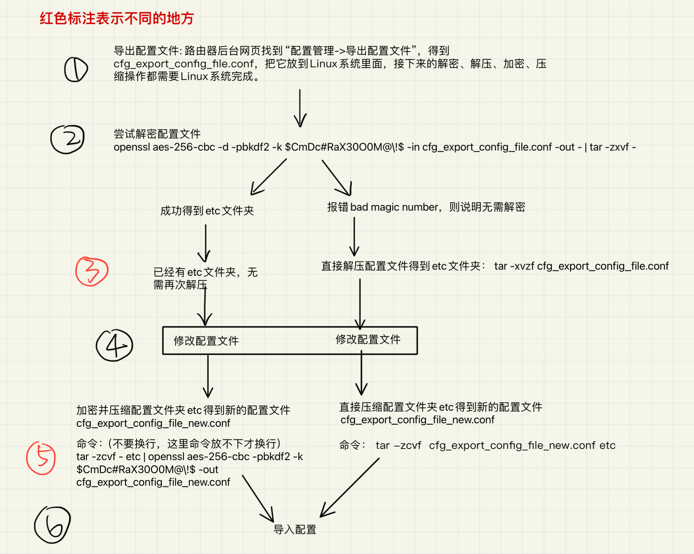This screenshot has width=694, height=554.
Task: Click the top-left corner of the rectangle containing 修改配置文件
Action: (163, 327)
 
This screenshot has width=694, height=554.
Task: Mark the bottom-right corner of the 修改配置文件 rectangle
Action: (417, 354)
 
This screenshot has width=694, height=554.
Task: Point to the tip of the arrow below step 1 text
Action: (300, 126)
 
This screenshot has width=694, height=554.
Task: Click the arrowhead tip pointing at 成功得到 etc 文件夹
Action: (251, 195)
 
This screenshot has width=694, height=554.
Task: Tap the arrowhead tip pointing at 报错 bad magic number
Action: (350, 195)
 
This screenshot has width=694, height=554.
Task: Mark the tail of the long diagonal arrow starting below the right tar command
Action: (379, 458)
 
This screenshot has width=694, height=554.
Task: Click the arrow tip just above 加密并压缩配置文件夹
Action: (208, 397)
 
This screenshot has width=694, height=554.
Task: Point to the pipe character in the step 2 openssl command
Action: (585, 147)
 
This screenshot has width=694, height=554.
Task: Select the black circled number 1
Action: (76, 69)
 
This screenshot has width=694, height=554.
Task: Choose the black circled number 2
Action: (68, 139)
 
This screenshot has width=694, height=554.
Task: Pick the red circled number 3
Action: (92, 271)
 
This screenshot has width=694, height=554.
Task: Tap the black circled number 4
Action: (115, 345)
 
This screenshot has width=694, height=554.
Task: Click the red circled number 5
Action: (41, 458)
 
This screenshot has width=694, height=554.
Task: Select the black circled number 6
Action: (53, 525)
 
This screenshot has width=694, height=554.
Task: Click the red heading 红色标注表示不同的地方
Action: (117, 18)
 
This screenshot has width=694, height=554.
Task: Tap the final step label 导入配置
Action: (295, 529)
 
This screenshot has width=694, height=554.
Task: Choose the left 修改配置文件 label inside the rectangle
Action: (206, 341)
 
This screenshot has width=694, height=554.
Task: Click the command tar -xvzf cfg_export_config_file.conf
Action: (582, 266)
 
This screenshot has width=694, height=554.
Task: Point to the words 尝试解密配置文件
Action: (157, 134)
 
